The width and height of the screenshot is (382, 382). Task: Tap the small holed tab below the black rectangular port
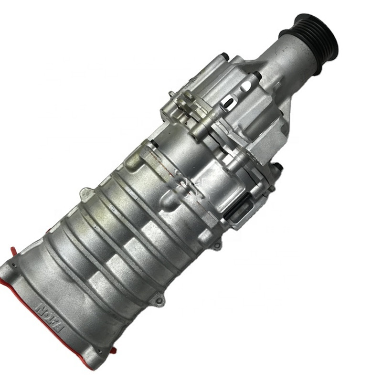click(x=218, y=244)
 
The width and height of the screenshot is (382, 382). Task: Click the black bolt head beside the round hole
click(x=258, y=75)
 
